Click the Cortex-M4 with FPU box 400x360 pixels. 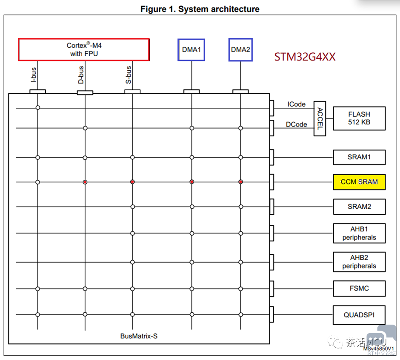click(84, 49)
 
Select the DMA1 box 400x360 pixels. click(191, 50)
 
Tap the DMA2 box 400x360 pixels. click(240, 50)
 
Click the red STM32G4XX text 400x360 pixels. click(305, 57)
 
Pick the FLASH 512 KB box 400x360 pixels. click(359, 118)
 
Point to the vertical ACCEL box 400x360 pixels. click(320, 118)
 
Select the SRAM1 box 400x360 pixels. click(359, 157)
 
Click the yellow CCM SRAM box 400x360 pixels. click(359, 182)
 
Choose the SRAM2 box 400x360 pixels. click(359, 207)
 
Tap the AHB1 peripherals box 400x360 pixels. click(359, 233)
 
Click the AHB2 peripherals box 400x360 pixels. click(359, 262)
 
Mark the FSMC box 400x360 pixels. click(359, 288)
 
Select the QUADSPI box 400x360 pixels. click(359, 315)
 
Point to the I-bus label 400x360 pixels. click(33, 75)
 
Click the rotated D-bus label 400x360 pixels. click(81, 75)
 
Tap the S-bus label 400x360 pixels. click(129, 75)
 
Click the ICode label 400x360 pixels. click(297, 104)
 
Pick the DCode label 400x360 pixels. click(297, 124)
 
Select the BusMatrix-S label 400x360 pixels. click(139, 336)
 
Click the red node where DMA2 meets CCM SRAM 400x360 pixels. click(240, 182)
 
